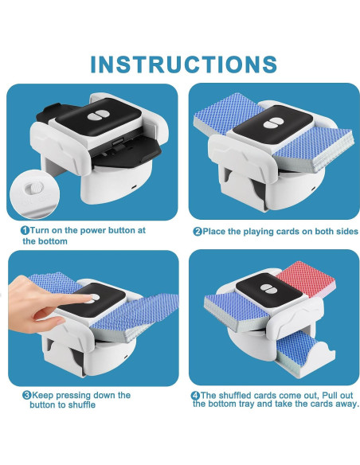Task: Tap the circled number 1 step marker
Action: (x=25, y=230)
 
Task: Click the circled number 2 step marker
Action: (x=197, y=232)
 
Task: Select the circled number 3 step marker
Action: (x=26, y=395)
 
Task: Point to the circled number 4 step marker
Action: (x=197, y=395)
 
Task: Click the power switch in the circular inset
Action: (x=34, y=189)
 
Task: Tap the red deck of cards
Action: (x=301, y=279)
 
